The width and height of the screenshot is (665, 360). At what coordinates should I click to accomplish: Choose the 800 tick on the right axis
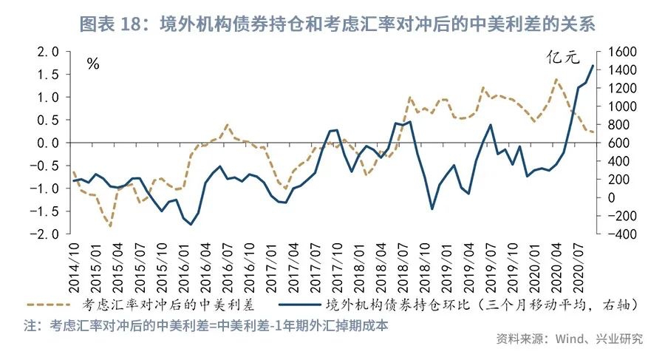(x=623, y=124)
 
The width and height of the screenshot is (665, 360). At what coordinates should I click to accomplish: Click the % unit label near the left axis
(x=92, y=64)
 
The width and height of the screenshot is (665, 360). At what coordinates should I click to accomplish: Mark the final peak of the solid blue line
(x=592, y=66)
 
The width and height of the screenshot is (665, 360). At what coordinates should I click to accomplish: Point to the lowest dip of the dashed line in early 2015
(x=110, y=225)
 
